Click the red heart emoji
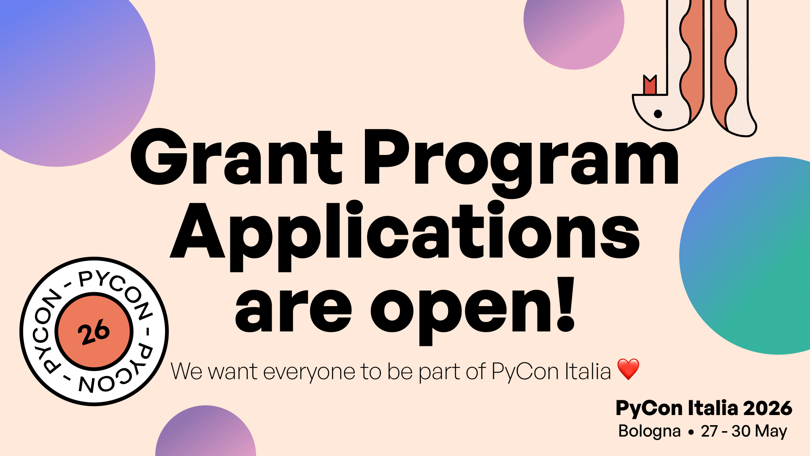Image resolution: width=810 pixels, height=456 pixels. click(x=628, y=369)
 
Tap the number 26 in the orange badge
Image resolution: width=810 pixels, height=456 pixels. click(x=94, y=332)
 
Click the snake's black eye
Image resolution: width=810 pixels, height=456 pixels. click(x=658, y=114)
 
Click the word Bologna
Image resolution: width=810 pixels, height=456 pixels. click(x=649, y=432)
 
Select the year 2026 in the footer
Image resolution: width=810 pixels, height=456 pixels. click(x=767, y=408)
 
